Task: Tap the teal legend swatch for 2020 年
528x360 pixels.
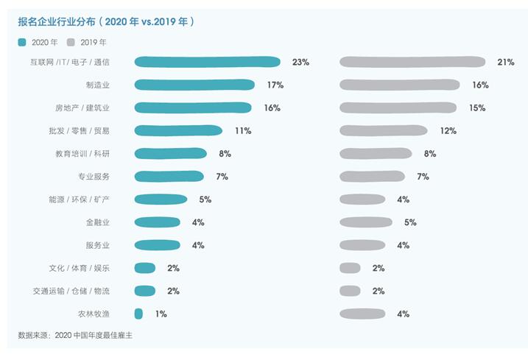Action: coord(24,43)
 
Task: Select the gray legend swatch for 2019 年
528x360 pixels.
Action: coord(71,43)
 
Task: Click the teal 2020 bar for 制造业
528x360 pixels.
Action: coord(194,85)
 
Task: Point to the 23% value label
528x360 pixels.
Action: coord(300,62)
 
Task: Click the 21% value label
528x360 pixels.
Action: coord(505,62)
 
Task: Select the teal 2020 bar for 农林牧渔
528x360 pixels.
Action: coord(138,314)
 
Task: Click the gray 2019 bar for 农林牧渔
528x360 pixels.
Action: coord(362,314)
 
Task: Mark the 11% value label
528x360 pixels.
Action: coord(243,130)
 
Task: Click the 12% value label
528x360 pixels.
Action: coord(448,130)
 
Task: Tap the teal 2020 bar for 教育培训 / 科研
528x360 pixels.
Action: coord(172,154)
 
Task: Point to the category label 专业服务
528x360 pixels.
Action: coord(94,177)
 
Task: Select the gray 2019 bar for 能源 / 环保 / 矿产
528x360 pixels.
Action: coord(362,200)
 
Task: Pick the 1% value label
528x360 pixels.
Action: coord(161,314)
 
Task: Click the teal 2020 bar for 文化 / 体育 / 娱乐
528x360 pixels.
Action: coord(145,268)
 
